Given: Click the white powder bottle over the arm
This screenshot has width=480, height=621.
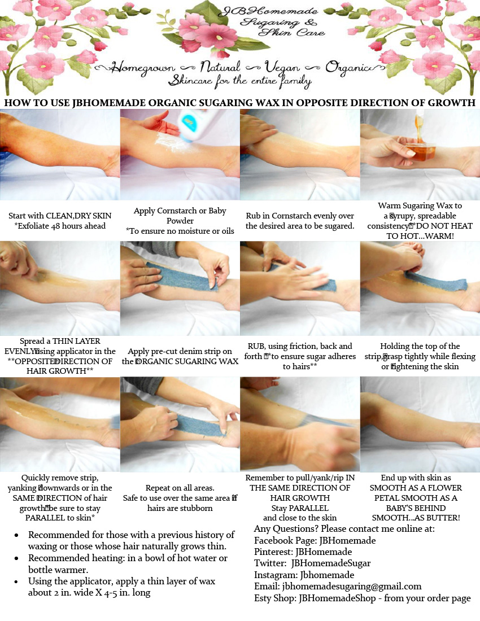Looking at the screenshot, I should pyautogui.click(x=190, y=128).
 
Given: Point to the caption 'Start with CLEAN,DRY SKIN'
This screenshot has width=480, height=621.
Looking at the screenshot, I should pyautogui.click(x=60, y=216).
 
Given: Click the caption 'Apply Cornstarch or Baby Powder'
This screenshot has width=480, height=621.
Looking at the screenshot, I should pyautogui.click(x=180, y=216).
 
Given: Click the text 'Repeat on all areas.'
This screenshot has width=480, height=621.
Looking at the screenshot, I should pyautogui.click(x=180, y=488).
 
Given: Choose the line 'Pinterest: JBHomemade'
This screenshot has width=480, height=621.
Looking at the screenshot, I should pyautogui.click(x=303, y=552).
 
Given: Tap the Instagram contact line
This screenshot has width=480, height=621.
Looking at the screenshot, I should pyautogui.click(x=304, y=575).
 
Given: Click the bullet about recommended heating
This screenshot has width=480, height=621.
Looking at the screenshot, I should pyautogui.click(x=128, y=563).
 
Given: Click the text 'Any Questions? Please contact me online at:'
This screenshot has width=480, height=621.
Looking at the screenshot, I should pyautogui.click(x=344, y=528).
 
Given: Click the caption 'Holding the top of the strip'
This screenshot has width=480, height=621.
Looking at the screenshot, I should pyautogui.click(x=420, y=346).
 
